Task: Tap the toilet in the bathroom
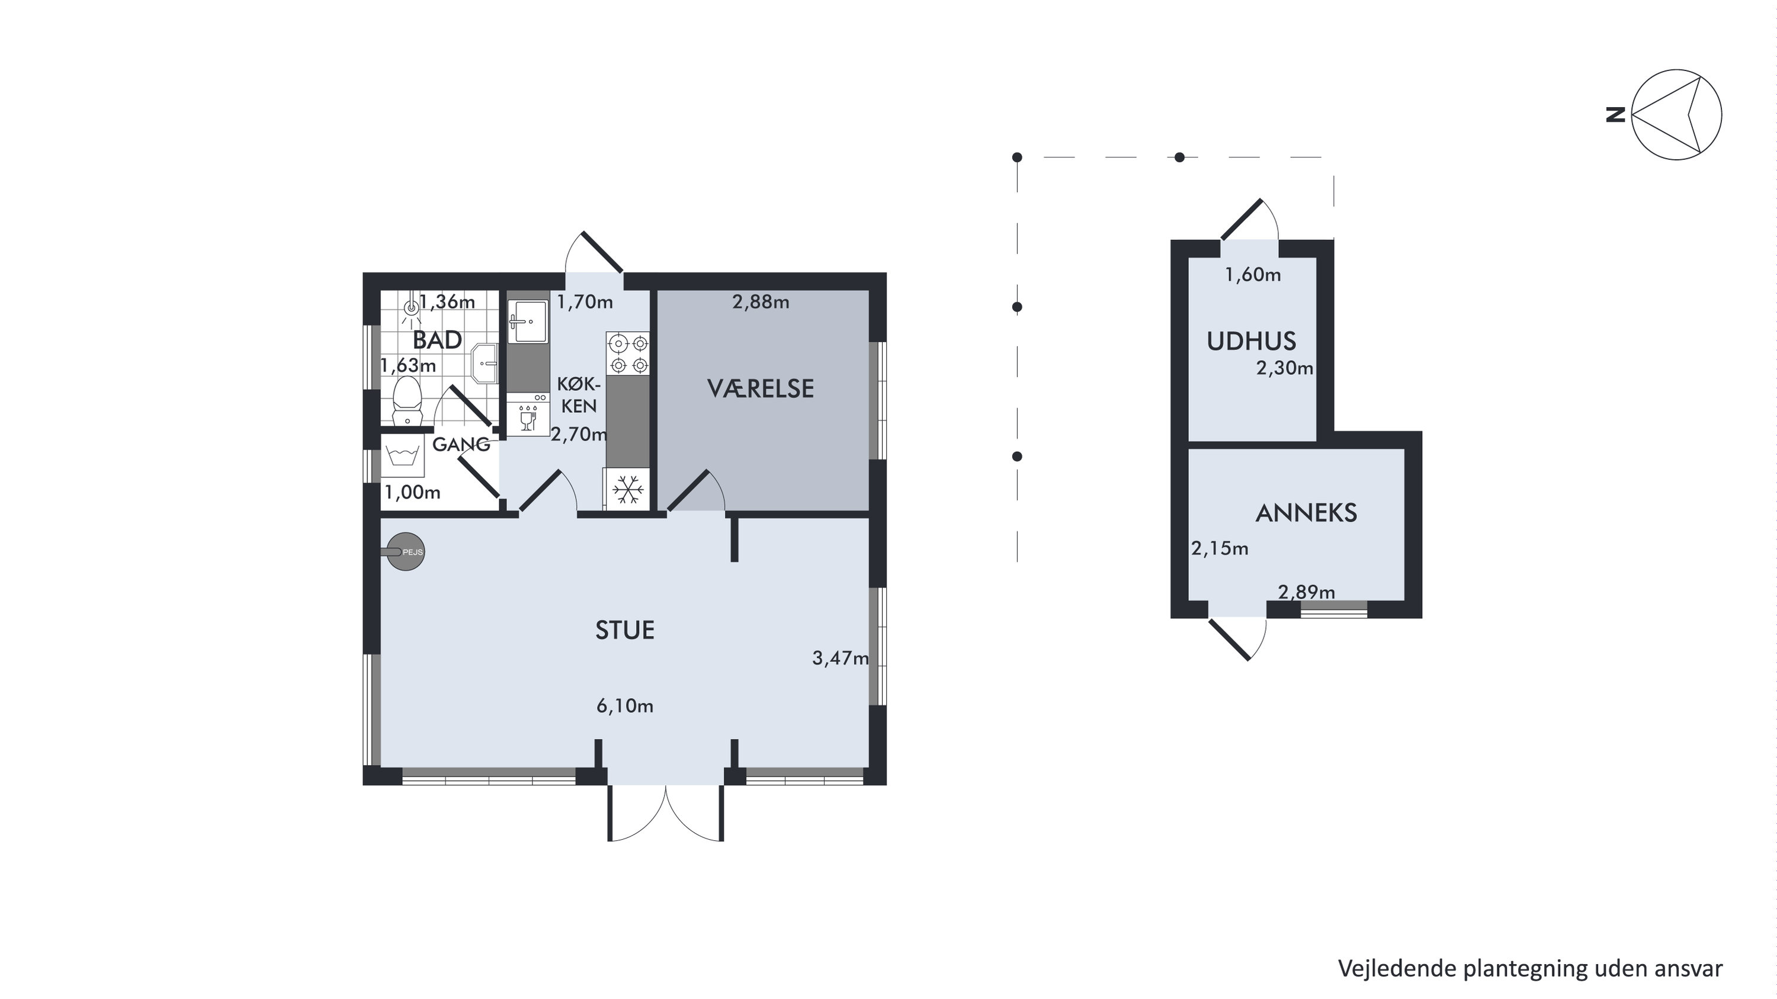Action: [407, 400]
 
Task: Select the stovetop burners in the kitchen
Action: [628, 354]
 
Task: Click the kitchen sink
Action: [528, 320]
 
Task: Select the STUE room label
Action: [625, 630]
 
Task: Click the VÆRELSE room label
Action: [760, 389]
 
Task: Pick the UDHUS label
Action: [1252, 341]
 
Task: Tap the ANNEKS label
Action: [1306, 513]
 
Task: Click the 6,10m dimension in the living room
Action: [625, 706]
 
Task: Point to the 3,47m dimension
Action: [840, 658]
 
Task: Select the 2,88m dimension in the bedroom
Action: [761, 302]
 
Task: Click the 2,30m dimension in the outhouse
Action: [1284, 368]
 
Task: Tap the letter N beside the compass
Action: [1615, 114]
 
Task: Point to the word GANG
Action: [461, 445]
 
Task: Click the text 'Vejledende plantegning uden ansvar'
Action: [1530, 968]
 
